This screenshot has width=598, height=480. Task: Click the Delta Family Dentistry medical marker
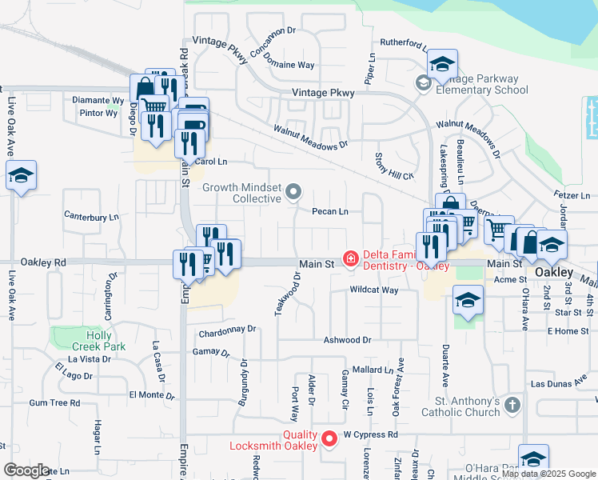click(350, 258)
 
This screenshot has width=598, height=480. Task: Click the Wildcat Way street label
click(373, 290)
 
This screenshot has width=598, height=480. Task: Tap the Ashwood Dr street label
click(347, 340)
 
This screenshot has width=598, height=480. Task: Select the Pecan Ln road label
click(330, 212)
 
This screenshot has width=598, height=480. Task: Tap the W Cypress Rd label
click(370, 435)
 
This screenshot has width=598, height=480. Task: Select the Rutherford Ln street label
click(404, 43)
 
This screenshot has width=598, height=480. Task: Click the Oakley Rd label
click(43, 262)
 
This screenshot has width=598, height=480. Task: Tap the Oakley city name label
click(554, 272)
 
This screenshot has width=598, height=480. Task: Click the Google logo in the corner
click(26, 470)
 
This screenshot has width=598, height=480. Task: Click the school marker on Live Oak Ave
click(21, 177)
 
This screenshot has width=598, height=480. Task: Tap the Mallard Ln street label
click(373, 370)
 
